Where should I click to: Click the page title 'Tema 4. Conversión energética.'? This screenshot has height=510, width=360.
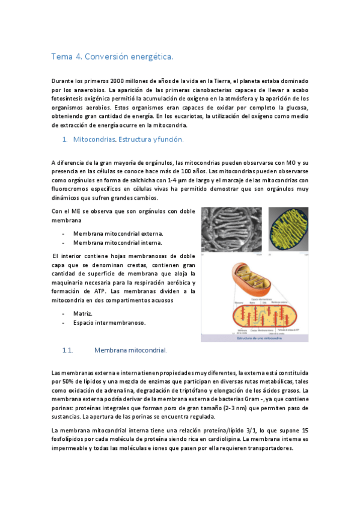pos(112,57)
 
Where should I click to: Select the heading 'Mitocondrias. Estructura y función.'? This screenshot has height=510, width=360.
pos(128,140)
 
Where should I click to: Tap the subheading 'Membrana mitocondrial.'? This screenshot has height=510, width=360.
pos(130,349)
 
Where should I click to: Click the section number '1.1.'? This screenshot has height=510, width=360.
pos(68,349)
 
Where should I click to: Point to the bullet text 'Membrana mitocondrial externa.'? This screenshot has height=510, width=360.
pos(118,233)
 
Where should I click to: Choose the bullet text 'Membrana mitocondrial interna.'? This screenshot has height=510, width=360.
pos(117,242)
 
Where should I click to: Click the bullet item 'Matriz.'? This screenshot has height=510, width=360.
pos(83,313)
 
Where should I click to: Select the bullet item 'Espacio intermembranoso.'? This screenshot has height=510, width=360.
pos(109,322)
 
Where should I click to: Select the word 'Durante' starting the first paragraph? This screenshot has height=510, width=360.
pos(63,81)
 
